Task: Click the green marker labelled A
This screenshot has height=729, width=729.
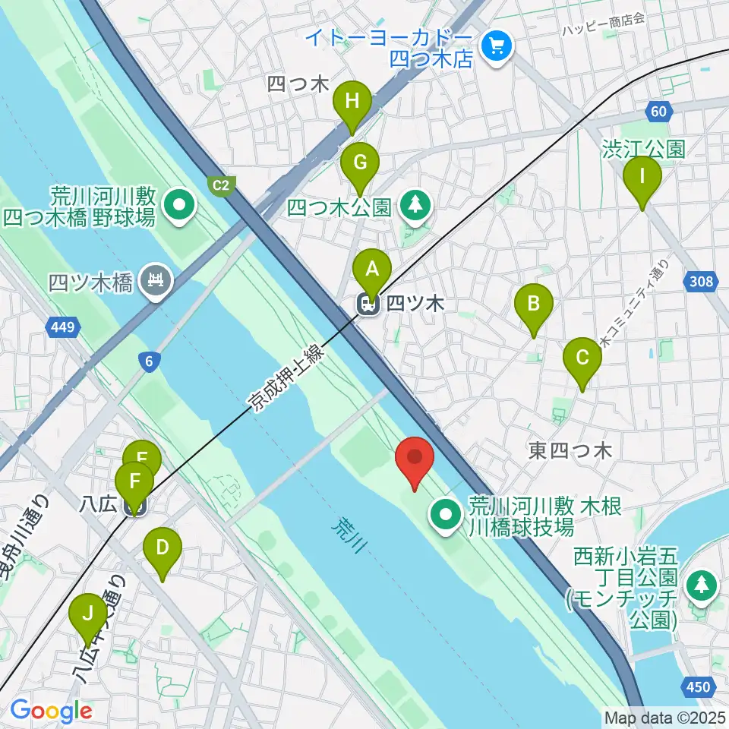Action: [x=372, y=269]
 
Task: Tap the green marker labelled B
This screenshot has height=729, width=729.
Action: [x=534, y=305]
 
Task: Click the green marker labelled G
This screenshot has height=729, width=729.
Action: [x=359, y=163]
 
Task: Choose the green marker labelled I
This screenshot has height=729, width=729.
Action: [x=642, y=178]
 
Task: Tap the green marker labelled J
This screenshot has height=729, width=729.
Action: [x=88, y=614]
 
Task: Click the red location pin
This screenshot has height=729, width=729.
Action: [x=415, y=458]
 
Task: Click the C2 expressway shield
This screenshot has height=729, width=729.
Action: [x=221, y=184]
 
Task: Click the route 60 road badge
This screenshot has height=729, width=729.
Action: [x=659, y=112]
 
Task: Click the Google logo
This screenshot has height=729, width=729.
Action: [x=52, y=711]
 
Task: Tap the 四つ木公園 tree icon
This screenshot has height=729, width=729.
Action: [x=415, y=204]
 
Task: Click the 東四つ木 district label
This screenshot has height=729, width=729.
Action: [x=570, y=451]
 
